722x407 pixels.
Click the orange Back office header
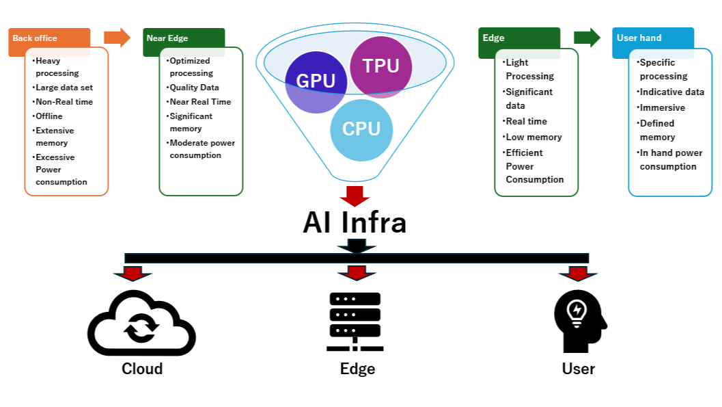click(x=48, y=39)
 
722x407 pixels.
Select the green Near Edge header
click(x=183, y=39)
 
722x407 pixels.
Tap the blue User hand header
click(x=652, y=39)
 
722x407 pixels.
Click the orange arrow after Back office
click(x=117, y=38)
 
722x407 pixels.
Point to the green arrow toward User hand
click(x=586, y=38)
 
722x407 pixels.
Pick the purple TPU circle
click(x=380, y=66)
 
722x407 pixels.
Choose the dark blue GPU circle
click(x=316, y=81)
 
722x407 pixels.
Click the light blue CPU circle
click(x=361, y=129)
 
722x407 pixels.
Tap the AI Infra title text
click(x=355, y=223)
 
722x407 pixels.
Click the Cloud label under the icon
click(x=142, y=369)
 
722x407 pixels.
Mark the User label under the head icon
click(x=579, y=369)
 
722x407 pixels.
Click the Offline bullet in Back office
click(x=48, y=116)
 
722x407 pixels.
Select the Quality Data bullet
click(x=194, y=88)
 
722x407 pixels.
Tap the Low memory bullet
click(x=533, y=137)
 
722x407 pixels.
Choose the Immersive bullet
click(x=662, y=107)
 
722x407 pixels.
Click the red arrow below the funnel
click(x=355, y=196)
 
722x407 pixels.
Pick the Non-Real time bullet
click(x=64, y=102)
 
